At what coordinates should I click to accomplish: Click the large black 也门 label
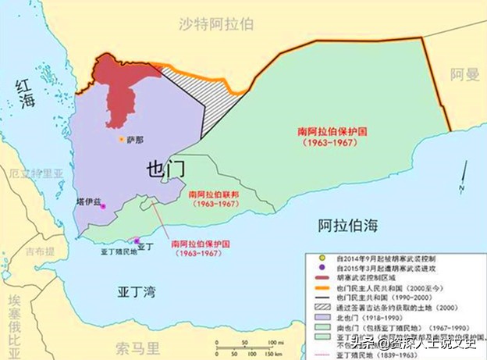pos(165,170)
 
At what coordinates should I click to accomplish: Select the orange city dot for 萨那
pos(121,140)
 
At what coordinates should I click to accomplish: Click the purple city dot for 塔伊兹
pos(102,206)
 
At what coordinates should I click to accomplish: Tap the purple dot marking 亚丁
pos(137,241)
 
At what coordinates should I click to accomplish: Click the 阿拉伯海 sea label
pos(347,226)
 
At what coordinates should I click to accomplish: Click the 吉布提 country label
pos(38,252)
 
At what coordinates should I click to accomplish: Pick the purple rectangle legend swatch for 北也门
pos(315,319)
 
